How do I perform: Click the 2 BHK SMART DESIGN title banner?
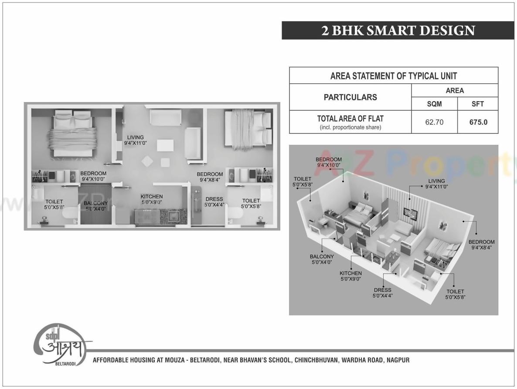(398, 31)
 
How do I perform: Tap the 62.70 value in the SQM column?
(434, 123)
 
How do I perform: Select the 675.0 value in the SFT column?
(478, 123)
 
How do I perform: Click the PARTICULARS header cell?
(350, 97)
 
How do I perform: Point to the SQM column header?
(434, 104)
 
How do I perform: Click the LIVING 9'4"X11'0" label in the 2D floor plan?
(135, 140)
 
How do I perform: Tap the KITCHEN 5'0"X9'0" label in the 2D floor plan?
(152, 199)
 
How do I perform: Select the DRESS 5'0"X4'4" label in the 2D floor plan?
(214, 202)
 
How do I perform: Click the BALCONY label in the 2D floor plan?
(96, 206)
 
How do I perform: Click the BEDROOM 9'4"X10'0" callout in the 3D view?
(328, 162)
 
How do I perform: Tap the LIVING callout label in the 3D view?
(436, 184)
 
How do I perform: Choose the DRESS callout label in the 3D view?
(382, 293)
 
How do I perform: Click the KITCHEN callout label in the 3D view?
(350, 276)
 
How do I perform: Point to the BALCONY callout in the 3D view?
(322, 259)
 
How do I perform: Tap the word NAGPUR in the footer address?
(398, 360)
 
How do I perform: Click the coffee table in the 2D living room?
(165, 145)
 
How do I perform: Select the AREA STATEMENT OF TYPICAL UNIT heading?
(394, 76)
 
